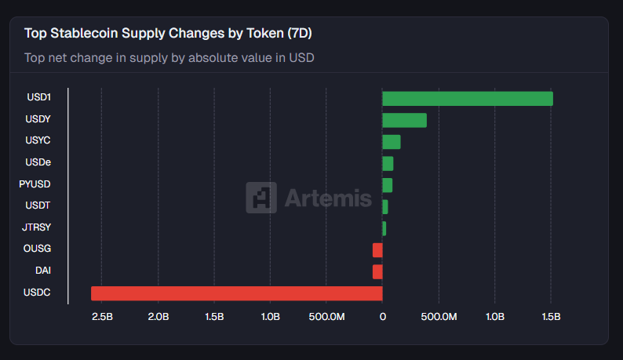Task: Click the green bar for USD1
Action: (x=467, y=99)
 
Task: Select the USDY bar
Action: (x=404, y=120)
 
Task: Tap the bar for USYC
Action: (x=391, y=142)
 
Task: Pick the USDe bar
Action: (x=388, y=163)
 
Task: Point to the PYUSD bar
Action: (x=387, y=185)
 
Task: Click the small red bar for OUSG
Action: (x=377, y=250)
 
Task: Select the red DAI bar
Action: (x=377, y=271)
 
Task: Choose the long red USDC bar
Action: (x=236, y=293)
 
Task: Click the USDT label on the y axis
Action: (x=38, y=206)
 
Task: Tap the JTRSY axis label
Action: (x=37, y=227)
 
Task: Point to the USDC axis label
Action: (x=38, y=293)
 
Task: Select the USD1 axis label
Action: (x=38, y=98)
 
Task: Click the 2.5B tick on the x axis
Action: (x=102, y=317)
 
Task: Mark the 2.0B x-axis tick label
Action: (x=158, y=317)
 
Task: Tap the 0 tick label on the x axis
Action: (x=382, y=317)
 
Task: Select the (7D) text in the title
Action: (x=301, y=34)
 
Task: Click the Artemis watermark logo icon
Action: (x=260, y=198)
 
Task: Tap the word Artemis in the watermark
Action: (x=328, y=198)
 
